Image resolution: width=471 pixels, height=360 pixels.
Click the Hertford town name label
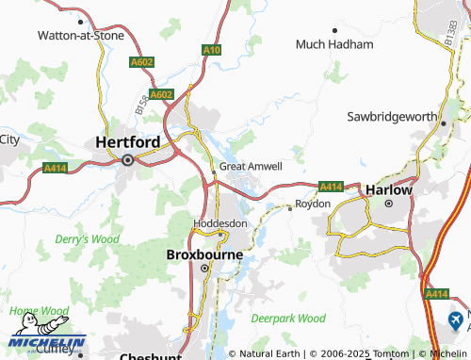pos(127,141)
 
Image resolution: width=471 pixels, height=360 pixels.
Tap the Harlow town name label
pos(389,188)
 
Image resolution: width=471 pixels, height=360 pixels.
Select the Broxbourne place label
pos(204,254)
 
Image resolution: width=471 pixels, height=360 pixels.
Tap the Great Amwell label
pos(251,167)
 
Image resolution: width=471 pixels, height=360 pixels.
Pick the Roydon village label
pos(313,204)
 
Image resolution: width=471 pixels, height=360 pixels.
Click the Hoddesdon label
pos(219,223)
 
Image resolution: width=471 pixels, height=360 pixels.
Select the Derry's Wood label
pos(86,239)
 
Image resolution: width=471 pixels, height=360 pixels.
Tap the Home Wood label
pos(39,310)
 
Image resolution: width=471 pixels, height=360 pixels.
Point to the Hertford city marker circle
pos(127,160)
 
